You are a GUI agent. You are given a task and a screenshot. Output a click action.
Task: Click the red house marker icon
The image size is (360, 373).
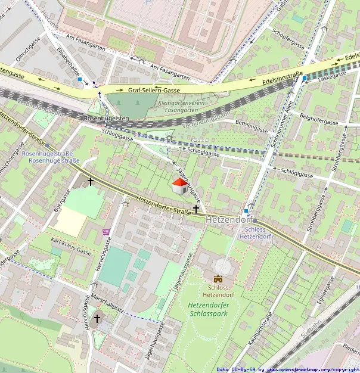[179, 185]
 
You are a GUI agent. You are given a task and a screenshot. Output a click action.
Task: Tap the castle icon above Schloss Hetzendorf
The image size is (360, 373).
[218, 279]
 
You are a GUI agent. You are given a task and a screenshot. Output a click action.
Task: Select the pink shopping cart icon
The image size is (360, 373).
[106, 232]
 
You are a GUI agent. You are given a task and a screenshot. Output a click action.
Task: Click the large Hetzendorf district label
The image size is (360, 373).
[229, 220]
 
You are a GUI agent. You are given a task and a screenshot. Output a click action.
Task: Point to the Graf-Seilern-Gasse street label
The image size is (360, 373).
[154, 90]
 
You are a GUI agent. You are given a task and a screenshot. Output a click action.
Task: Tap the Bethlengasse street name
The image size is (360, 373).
[252, 128]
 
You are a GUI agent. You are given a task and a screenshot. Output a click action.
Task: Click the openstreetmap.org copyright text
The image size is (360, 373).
[316, 369]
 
